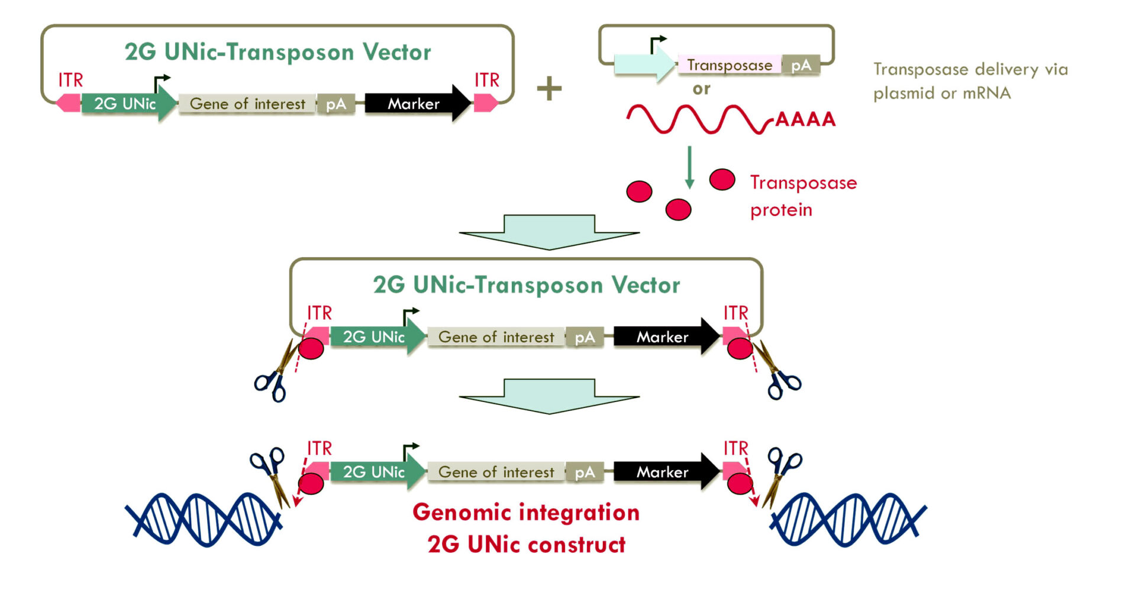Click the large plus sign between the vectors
tap(549, 89)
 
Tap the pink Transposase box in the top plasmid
tap(729, 65)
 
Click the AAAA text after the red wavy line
tap(805, 119)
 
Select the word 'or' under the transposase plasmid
tap(701, 89)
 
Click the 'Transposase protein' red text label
tap(803, 196)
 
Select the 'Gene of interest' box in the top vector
tap(247, 104)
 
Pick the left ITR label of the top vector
tap(70, 80)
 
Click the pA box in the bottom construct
tap(585, 472)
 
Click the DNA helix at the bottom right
tap(847, 519)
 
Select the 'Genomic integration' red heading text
tap(526, 512)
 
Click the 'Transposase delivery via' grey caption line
tap(970, 69)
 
